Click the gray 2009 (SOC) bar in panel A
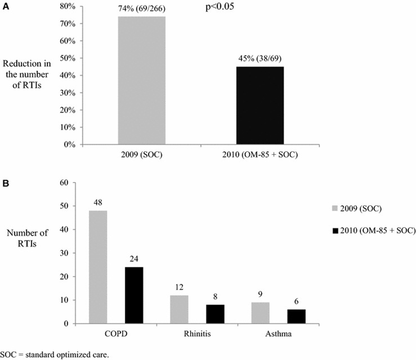coord(142,81)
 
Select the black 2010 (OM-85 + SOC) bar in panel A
coord(260,106)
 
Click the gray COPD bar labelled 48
coord(98,267)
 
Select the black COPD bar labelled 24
coord(134,295)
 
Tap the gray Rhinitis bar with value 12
coord(179,309)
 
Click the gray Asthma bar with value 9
coord(260,313)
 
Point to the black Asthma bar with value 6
coord(296,316)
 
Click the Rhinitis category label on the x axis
coord(197,334)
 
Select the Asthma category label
coord(278,334)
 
